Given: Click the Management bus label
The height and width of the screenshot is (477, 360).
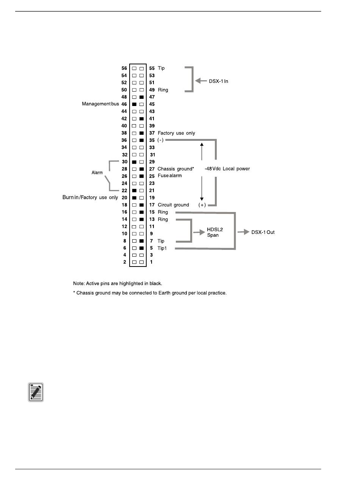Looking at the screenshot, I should pos(100,104).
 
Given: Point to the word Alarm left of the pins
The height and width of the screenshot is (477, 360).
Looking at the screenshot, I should pos(97,172).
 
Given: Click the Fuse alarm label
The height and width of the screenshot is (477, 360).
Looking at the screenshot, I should pos(170,176).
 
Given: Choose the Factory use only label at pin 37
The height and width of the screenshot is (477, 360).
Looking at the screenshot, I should pos(176,133).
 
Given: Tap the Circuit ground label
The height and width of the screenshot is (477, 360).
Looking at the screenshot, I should pos(173,205).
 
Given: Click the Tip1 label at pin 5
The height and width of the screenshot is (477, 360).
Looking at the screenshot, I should pos(163,248).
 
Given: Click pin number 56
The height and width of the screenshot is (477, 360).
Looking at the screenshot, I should pos(124,69).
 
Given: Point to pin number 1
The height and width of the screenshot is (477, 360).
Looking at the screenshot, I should pos(152,262).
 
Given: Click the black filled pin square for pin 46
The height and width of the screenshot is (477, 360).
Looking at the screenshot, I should pos(134,104).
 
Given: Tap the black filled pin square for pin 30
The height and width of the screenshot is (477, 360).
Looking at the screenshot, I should pos(134,162).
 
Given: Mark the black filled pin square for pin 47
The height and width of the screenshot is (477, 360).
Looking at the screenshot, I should pos(142,97).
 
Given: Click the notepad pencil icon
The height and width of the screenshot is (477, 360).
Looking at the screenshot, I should pos(36,392).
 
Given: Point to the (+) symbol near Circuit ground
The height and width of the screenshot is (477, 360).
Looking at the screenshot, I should pos(202,205).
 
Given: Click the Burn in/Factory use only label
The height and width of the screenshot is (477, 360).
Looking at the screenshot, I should pos(90,198).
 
